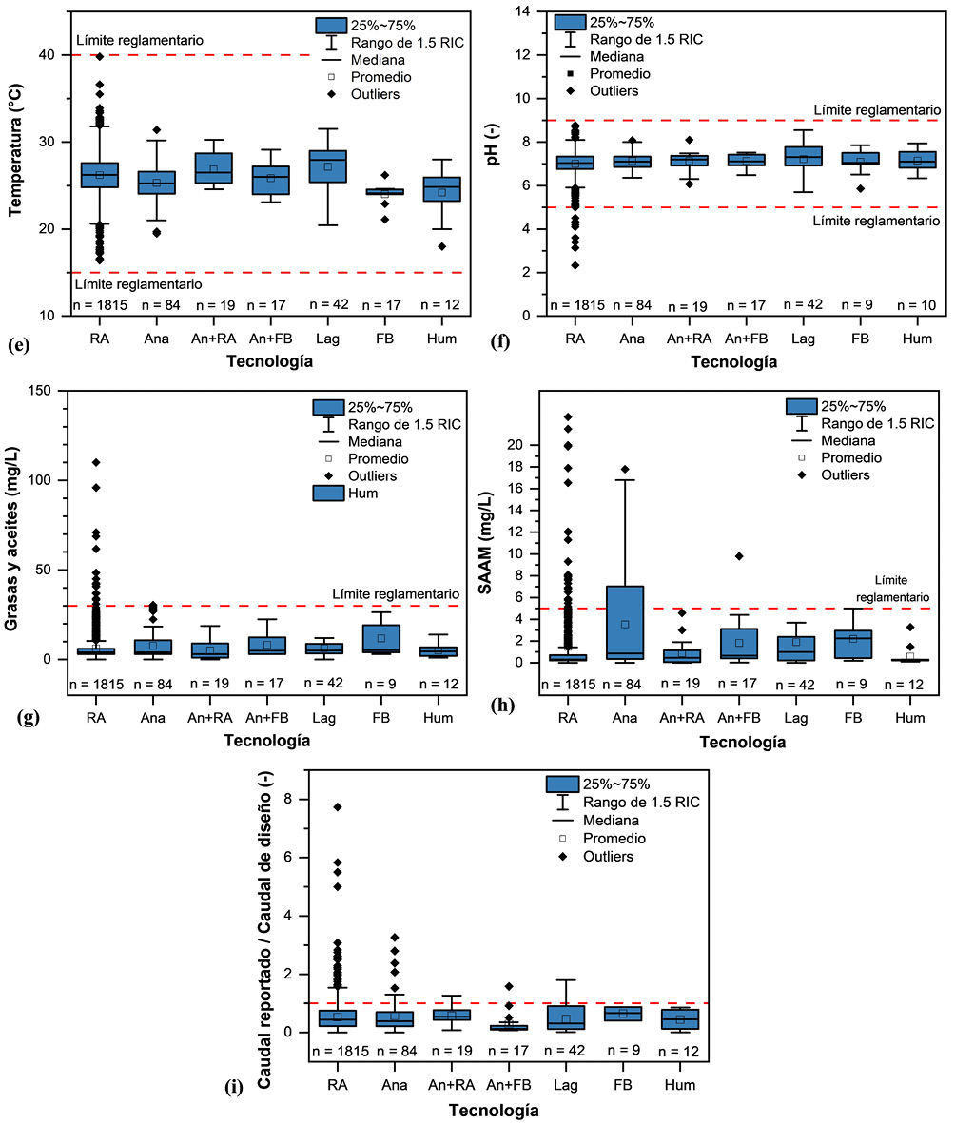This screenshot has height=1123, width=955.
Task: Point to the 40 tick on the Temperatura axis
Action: coord(56,55)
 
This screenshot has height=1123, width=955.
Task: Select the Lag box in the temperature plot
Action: coord(327,166)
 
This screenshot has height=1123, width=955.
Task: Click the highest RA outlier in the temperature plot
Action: coord(99,57)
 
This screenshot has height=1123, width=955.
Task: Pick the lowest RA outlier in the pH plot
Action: coord(575,265)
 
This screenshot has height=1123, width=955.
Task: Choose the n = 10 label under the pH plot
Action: coord(917,305)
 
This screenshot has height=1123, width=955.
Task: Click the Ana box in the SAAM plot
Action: coord(625,623)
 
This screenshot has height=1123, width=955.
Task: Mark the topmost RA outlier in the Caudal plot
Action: coord(337,807)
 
